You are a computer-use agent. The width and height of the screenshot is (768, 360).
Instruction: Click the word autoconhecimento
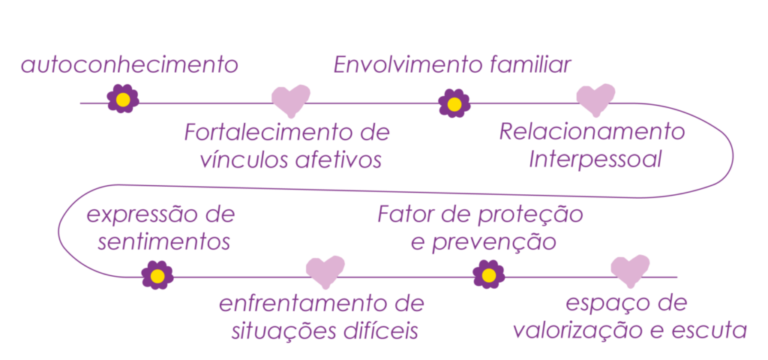(129, 65)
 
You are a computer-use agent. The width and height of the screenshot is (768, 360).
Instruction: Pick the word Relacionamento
(592, 132)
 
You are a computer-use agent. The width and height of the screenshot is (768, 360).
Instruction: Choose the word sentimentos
(164, 243)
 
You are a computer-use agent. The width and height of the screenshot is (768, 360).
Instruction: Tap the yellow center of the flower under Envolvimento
(454, 103)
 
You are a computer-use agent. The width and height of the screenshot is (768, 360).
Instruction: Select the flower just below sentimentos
(157, 275)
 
